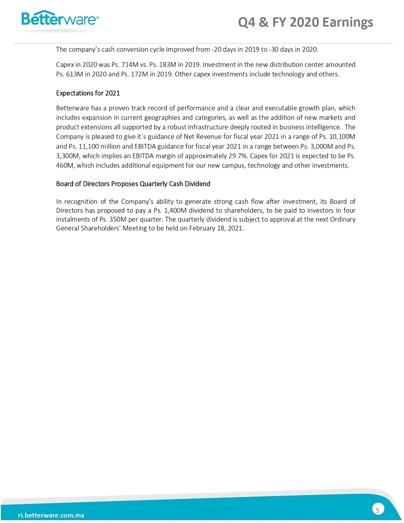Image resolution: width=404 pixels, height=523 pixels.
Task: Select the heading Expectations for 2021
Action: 88,93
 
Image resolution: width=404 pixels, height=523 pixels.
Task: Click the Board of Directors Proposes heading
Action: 133,184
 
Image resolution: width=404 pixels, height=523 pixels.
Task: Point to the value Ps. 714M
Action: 118,65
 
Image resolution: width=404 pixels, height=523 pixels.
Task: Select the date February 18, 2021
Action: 219,228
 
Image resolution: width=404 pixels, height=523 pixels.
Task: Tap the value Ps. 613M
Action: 72,74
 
